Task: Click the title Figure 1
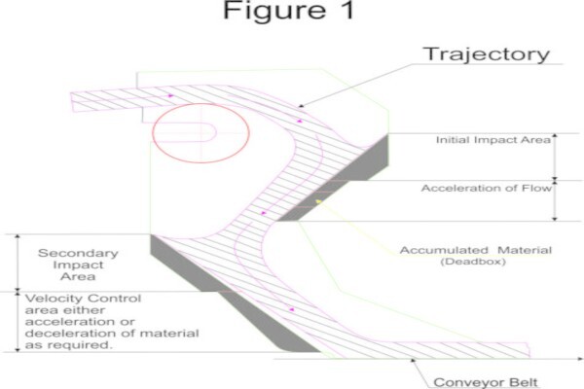(288, 10)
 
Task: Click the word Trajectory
(486, 54)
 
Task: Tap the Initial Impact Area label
(493, 140)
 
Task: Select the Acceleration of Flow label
(486, 188)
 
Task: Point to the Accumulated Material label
(476, 250)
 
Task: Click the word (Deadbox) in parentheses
(473, 262)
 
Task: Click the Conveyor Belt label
(486, 382)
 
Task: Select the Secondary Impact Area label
(78, 265)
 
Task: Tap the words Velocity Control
(83, 299)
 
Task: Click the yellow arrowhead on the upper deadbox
(318, 201)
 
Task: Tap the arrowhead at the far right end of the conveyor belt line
(579, 359)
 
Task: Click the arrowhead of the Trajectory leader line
(302, 106)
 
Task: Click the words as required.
(68, 345)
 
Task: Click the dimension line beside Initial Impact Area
(555, 157)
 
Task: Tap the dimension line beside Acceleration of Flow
(555, 201)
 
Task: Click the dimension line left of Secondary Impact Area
(18, 263)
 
